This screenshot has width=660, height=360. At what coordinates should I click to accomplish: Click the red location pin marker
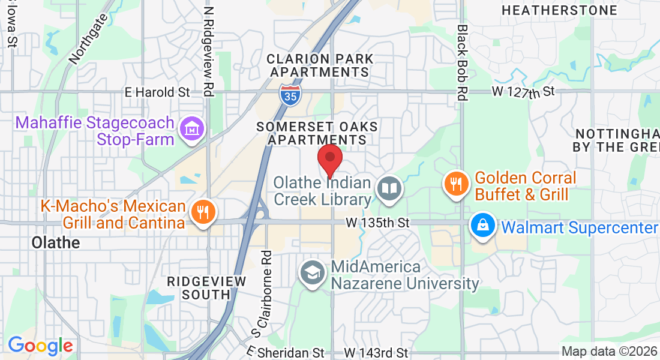tap(329, 159)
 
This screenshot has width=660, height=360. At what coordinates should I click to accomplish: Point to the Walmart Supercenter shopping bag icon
tap(482, 226)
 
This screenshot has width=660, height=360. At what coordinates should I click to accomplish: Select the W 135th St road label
tap(377, 223)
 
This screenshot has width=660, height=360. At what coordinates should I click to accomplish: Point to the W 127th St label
tap(524, 92)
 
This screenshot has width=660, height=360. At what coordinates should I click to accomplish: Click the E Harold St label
tap(157, 92)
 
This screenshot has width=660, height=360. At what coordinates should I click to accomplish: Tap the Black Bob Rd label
tap(461, 63)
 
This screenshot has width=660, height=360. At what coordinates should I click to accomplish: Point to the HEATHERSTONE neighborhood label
tap(559, 11)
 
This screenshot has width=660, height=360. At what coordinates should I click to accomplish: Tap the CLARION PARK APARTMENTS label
tap(320, 65)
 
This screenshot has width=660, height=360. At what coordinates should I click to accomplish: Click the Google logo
tap(40, 346)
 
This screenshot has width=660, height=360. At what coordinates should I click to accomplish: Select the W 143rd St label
tap(376, 353)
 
